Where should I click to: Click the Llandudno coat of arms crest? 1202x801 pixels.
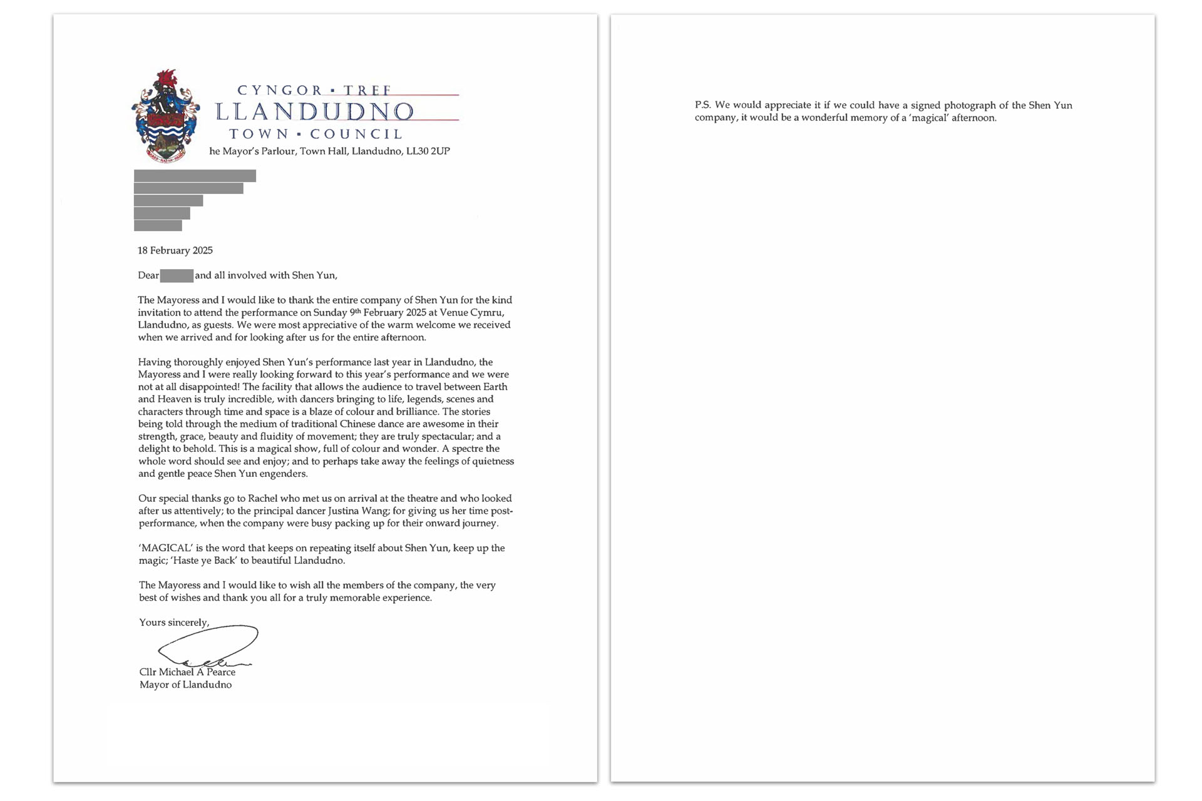point(165,116)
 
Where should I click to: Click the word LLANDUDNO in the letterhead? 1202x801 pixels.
point(314,112)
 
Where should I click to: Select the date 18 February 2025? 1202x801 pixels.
point(175,250)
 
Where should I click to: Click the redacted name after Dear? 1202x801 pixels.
point(177,275)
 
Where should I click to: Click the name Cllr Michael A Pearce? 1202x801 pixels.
point(187,672)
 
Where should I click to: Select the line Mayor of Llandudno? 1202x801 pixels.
point(185,685)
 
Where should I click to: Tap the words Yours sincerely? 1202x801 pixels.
point(173,622)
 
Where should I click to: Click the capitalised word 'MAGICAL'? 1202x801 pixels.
point(165,548)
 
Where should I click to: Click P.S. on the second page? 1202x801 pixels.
point(702,105)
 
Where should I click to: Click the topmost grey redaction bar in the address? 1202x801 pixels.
point(195,176)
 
